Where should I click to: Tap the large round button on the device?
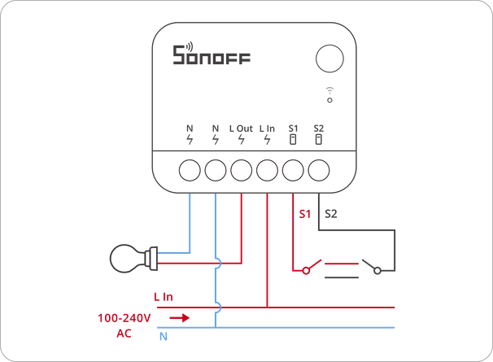329,59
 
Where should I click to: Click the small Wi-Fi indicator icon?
329,94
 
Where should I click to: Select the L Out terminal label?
241,129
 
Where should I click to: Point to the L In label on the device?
267,129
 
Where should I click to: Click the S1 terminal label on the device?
293,129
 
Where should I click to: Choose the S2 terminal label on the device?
319,129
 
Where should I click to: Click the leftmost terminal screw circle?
190,170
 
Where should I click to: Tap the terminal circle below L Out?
241,170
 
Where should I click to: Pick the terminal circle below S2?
319,170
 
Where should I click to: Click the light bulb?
133,258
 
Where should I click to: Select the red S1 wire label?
304,214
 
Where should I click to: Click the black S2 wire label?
331,214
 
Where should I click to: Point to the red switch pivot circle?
306,270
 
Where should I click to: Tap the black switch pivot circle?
377,270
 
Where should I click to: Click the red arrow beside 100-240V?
180,318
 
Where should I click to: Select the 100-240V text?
124,318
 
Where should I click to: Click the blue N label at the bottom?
164,337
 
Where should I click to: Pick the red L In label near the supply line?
164,297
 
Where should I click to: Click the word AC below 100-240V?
124,334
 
